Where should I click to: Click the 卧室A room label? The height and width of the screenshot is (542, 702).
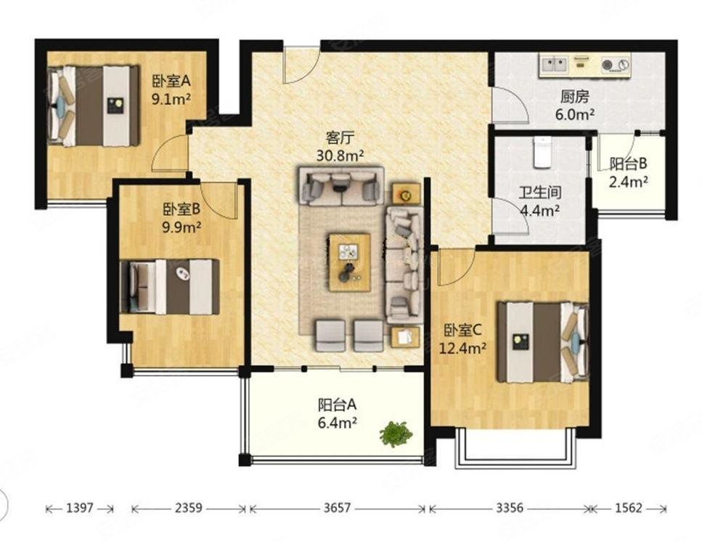click(171, 81)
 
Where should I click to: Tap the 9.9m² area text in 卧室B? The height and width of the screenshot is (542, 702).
click(181, 227)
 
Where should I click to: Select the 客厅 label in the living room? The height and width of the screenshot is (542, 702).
click(340, 137)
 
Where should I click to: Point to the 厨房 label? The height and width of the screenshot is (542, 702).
click(575, 97)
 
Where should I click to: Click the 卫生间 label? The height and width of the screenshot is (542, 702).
click(540, 193)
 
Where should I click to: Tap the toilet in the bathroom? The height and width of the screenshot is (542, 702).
click(542, 152)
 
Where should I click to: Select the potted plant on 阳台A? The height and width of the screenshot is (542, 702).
click(396, 433)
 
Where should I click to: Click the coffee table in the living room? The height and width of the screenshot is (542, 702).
click(350, 262)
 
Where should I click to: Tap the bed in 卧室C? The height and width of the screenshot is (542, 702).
click(542, 342)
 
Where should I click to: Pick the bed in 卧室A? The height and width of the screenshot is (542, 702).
click(94, 106)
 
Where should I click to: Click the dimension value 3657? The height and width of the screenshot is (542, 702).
click(337, 508)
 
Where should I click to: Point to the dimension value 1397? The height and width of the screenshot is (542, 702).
click(79, 508)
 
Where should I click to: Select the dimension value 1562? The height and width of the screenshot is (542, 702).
click(628, 508)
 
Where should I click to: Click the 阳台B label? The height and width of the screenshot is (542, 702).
click(628, 164)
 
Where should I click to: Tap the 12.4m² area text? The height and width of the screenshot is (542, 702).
click(463, 347)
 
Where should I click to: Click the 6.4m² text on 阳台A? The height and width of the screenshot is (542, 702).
click(337, 421)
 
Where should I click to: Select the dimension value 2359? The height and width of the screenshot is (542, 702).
click(189, 508)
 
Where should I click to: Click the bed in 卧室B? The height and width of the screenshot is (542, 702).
click(170, 287)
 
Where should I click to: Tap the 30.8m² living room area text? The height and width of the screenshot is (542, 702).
click(340, 155)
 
